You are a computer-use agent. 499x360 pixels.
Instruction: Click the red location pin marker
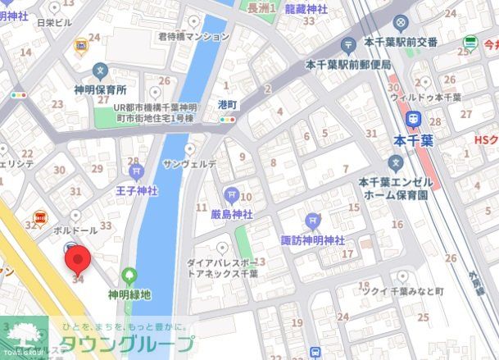click(78, 262)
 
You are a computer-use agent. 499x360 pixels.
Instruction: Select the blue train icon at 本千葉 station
click(415, 120)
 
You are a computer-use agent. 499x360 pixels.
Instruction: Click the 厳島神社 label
click(226, 213)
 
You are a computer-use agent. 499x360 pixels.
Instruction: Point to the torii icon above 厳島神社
click(230, 194)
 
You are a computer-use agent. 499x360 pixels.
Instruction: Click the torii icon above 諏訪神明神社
click(312, 221)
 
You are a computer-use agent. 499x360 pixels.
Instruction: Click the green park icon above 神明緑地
click(129, 276)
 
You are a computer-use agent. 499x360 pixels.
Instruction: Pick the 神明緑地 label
click(129, 294)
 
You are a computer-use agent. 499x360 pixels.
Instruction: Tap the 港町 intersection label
click(227, 105)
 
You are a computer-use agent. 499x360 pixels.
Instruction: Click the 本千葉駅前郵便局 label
click(347, 64)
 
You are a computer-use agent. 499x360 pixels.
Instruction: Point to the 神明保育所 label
click(100, 89)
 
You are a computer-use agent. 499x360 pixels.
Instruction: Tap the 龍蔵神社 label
click(306, 8)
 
